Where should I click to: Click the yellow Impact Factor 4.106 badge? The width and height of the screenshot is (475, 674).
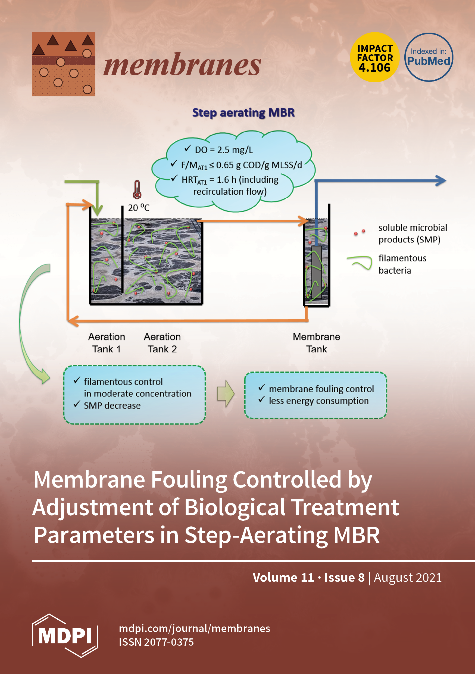coord(375,57)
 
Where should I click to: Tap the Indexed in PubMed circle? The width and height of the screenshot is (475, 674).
coord(429,57)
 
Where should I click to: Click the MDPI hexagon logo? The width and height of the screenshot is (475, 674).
coord(65,636)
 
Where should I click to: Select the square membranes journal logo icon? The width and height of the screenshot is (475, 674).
coord(63,64)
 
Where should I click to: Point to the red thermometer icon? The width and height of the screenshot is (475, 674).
coord(137,190)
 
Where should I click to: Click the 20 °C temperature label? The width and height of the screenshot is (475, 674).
coord(139,208)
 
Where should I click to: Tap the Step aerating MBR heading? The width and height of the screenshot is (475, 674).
coord(243,113)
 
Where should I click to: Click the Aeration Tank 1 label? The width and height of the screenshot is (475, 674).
coord(107,343)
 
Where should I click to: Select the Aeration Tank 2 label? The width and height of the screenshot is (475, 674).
coord(162,343)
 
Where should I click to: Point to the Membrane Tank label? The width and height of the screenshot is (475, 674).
coord(316,343)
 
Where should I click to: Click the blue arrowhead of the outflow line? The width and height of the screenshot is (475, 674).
coord(441,180)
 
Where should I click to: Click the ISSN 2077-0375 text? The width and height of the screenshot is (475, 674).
coord(156,642)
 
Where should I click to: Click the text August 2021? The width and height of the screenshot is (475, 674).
coord(408,578)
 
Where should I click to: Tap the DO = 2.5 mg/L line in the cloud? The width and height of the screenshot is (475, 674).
coord(223,150)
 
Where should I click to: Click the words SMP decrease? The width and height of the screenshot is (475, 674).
coord(112,405)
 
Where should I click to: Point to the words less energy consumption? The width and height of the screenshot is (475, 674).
coord(318,401)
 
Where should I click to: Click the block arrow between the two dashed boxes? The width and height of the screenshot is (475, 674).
coord(226,393)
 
